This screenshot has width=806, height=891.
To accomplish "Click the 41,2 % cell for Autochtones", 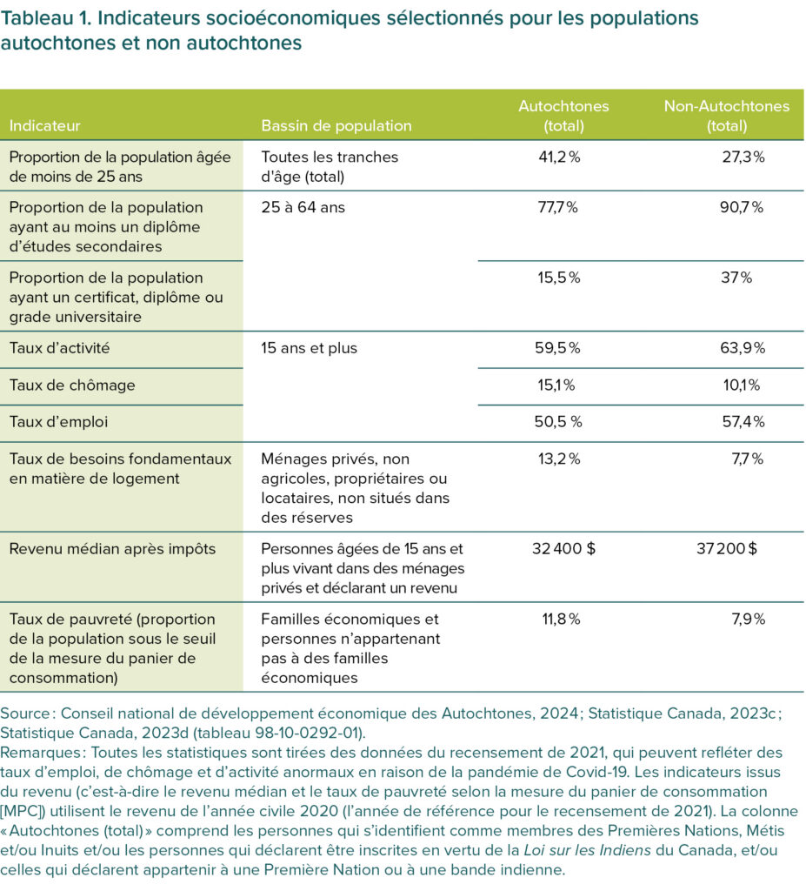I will [557, 157].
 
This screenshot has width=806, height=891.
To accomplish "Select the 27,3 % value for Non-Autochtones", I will [745, 157].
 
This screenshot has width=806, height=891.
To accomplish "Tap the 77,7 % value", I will [557, 208].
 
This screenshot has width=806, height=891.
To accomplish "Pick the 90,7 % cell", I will [745, 208].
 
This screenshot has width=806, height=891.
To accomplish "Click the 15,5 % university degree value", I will [557, 278].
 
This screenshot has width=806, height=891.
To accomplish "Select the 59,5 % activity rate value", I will [557, 349].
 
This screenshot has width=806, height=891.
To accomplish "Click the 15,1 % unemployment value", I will [557, 385].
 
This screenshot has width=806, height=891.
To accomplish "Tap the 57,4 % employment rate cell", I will [745, 422].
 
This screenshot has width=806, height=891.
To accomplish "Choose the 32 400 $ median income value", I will [563, 550].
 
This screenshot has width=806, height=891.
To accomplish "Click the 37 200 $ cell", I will [727, 550].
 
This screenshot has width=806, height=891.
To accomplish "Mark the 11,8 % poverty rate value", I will [557, 620].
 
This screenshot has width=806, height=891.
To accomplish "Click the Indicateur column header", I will [44, 126].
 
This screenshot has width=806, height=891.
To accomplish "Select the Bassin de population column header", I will [336, 126].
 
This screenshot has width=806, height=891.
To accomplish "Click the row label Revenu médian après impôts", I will [112, 550].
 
